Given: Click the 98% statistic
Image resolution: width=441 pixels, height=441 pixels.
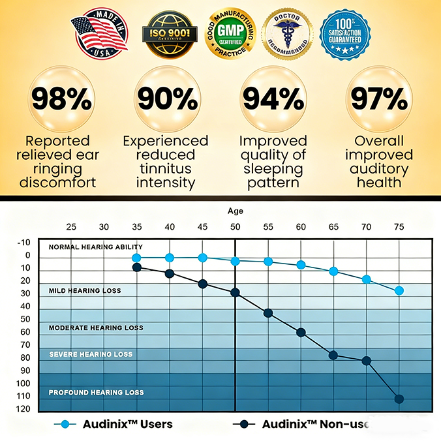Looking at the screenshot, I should pyautogui.click(x=63, y=99).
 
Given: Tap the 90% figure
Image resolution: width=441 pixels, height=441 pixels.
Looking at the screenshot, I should pyautogui.click(x=166, y=99).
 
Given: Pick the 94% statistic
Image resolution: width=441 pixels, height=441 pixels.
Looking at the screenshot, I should pyautogui.click(x=273, y=99).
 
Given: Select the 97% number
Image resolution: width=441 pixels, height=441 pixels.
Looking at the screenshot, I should pyautogui.click(x=378, y=99).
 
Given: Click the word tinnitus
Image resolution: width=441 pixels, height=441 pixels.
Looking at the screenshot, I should pyautogui.click(x=166, y=170).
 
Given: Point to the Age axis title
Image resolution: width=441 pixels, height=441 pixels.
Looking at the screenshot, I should pyautogui.click(x=235, y=211).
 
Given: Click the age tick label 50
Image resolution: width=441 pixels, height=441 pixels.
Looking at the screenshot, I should pyautogui.click(x=235, y=227).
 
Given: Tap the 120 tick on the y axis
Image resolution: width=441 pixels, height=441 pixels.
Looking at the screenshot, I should pyautogui.click(x=24, y=409).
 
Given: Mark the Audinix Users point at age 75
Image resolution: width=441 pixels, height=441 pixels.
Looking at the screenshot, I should pyautogui.click(x=399, y=290).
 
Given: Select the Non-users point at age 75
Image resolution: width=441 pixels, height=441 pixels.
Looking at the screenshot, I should pyautogui.click(x=399, y=399).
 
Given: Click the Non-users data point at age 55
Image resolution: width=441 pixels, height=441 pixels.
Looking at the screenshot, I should pyautogui.click(x=268, y=312).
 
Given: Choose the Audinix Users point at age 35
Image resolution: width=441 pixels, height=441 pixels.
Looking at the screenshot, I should pyautogui.click(x=136, y=258).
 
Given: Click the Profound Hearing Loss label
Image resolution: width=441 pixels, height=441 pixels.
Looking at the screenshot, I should pyautogui.click(x=97, y=392).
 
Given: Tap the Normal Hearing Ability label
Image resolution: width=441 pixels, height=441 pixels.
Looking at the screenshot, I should pyautogui.click(x=95, y=247).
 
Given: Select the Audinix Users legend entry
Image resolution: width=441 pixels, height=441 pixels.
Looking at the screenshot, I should pyautogui.click(x=117, y=424).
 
